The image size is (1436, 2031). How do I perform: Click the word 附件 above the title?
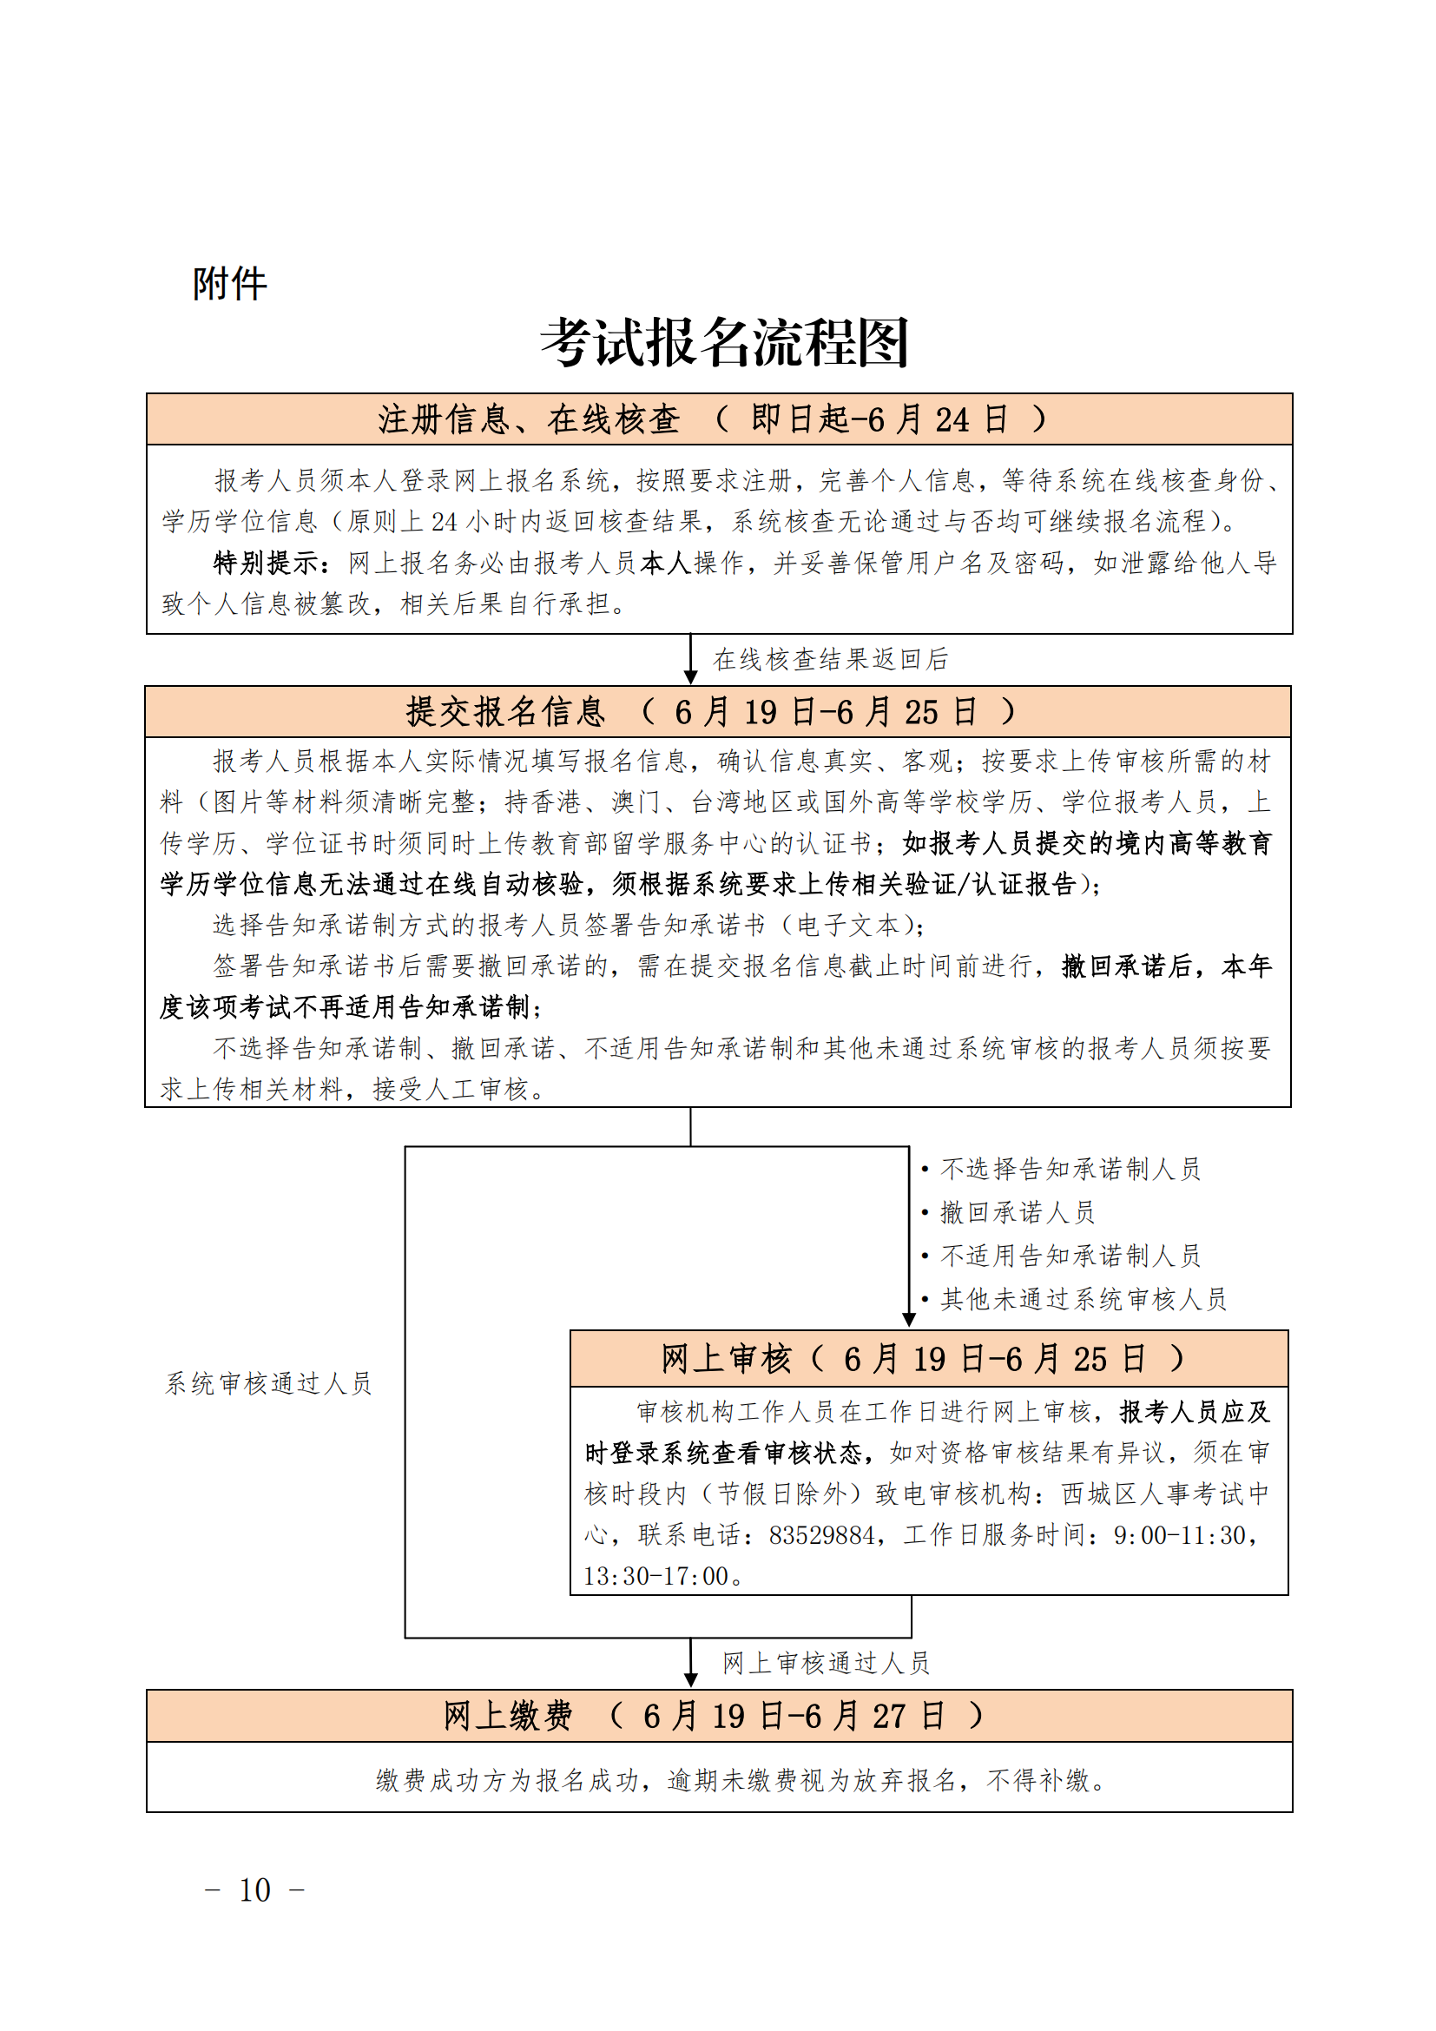(230, 284)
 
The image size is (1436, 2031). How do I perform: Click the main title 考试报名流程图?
(724, 342)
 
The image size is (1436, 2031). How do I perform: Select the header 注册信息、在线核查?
(529, 419)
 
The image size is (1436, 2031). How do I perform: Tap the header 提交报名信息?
(505, 712)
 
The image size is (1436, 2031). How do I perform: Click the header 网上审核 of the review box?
(726, 1359)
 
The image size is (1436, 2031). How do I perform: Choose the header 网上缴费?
(508, 1716)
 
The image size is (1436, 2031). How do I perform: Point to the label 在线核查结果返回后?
(830, 659)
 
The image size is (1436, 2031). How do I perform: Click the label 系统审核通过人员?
(269, 1383)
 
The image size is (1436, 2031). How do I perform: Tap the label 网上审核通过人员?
(826, 1663)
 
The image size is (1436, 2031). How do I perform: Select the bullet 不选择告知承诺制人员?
(1070, 1170)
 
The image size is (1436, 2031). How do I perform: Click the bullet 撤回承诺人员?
(1017, 1212)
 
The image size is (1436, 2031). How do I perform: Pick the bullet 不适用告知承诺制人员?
(1070, 1256)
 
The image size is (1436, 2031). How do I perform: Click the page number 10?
(254, 1890)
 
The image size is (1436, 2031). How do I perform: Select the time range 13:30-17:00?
(655, 1575)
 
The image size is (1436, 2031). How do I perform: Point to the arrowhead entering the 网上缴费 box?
(691, 1680)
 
